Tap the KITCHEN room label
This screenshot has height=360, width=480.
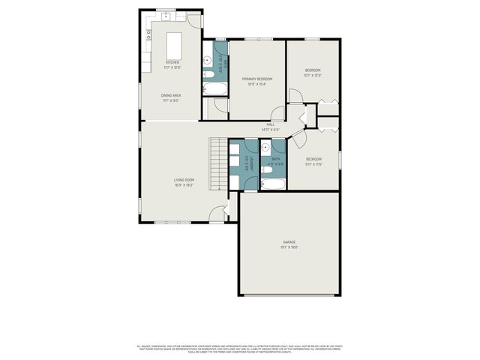(x=172, y=63)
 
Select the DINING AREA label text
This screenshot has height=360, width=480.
(x=171, y=95)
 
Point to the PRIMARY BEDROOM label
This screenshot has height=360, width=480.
(x=256, y=79)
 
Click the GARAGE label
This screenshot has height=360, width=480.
(x=289, y=241)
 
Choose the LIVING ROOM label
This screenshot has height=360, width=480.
(x=184, y=180)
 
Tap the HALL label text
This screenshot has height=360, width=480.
(x=271, y=124)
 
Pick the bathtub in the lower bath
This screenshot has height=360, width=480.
(x=271, y=184)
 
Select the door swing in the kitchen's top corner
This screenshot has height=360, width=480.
(x=194, y=20)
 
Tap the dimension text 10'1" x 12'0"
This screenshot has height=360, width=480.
(x=312, y=75)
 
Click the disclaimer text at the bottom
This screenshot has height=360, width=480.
(x=239, y=348)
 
